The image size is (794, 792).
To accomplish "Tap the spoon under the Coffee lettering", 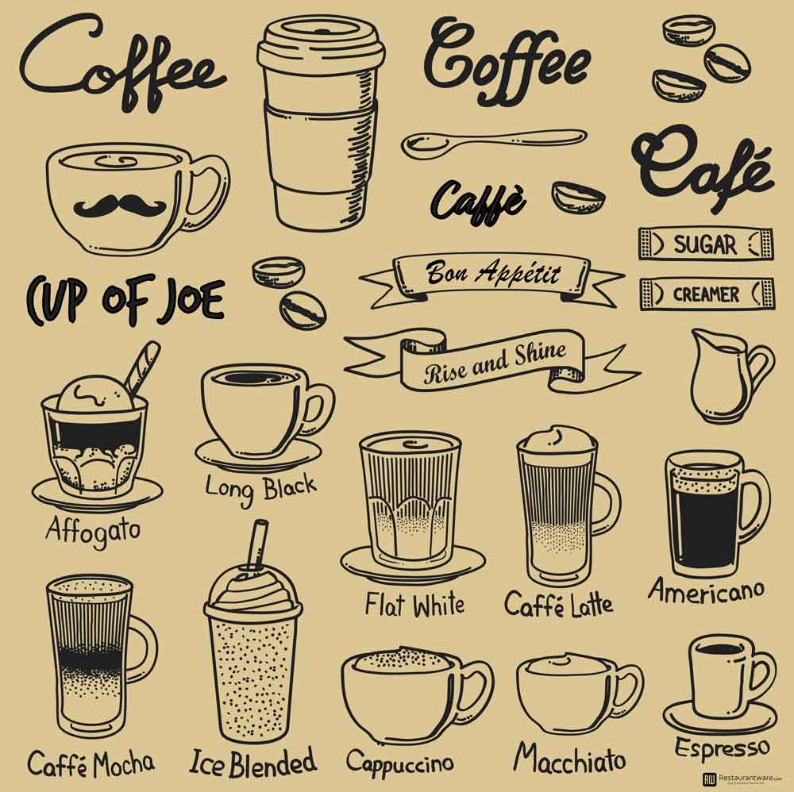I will point(492,141).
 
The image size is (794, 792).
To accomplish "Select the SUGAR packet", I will point(705,244).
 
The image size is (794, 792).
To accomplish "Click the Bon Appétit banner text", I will point(493,273).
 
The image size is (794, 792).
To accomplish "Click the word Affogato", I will point(93,527).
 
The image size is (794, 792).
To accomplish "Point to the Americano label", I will point(706,589).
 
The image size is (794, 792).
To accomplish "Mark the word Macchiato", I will point(569,758).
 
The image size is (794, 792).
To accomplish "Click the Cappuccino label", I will point(399,762).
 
